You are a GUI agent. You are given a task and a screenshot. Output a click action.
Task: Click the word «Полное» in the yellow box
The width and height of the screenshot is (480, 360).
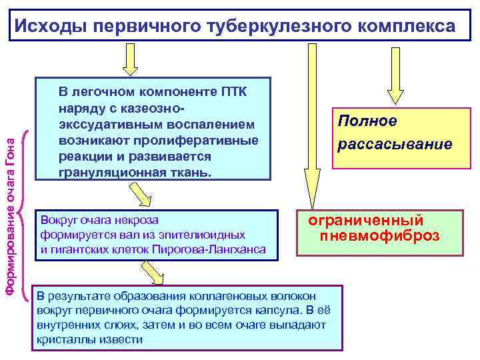coord(367,121)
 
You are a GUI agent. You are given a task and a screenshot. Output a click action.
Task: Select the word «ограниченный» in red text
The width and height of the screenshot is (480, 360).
coord(365,220)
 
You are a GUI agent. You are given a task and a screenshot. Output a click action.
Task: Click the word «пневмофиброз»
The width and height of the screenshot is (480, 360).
coord(379,235)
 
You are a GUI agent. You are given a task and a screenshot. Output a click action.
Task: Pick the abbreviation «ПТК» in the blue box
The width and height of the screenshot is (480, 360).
coord(231,91)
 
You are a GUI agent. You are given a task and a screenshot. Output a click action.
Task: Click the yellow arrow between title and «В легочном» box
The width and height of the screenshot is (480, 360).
coord(131,61)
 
